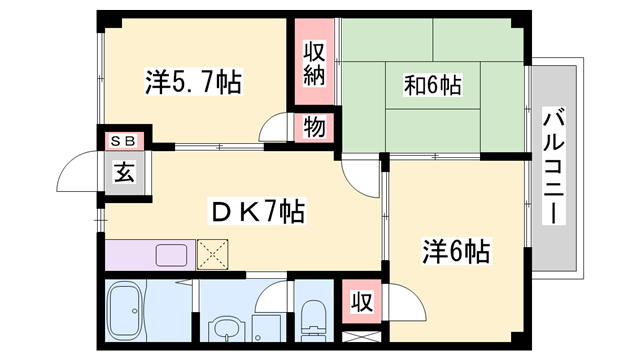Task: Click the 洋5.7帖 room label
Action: (193, 83)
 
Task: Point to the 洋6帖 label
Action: (455, 250)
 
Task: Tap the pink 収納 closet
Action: (314, 63)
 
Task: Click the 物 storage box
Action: (313, 127)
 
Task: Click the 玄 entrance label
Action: (123, 171)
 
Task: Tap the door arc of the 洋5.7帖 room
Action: (274, 131)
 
